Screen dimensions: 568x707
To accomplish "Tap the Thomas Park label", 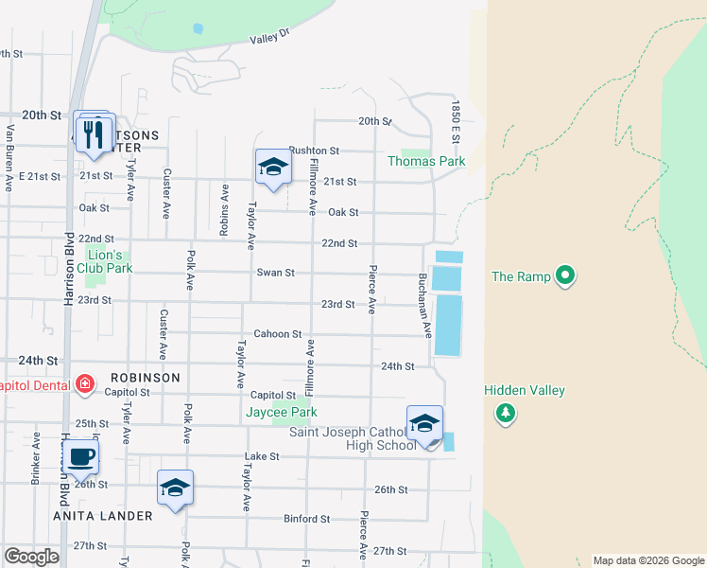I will [x=426, y=162].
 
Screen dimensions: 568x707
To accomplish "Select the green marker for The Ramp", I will [x=565, y=276].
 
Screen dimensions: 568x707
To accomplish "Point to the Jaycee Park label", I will [x=281, y=413].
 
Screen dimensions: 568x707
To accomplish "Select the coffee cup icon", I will [x=82, y=456].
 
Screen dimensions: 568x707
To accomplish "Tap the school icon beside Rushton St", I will [x=272, y=168].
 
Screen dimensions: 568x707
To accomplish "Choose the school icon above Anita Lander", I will [x=175, y=488].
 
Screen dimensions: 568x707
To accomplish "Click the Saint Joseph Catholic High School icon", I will [x=424, y=423].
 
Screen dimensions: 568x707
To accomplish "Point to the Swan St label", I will [x=276, y=273].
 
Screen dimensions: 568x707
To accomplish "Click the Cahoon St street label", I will [x=277, y=334].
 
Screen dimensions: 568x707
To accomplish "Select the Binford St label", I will [x=306, y=519].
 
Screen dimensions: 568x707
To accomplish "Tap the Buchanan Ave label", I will [x=425, y=308].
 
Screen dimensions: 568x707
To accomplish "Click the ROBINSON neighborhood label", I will [x=144, y=377].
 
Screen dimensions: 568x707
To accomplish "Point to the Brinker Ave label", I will [x=36, y=458].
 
